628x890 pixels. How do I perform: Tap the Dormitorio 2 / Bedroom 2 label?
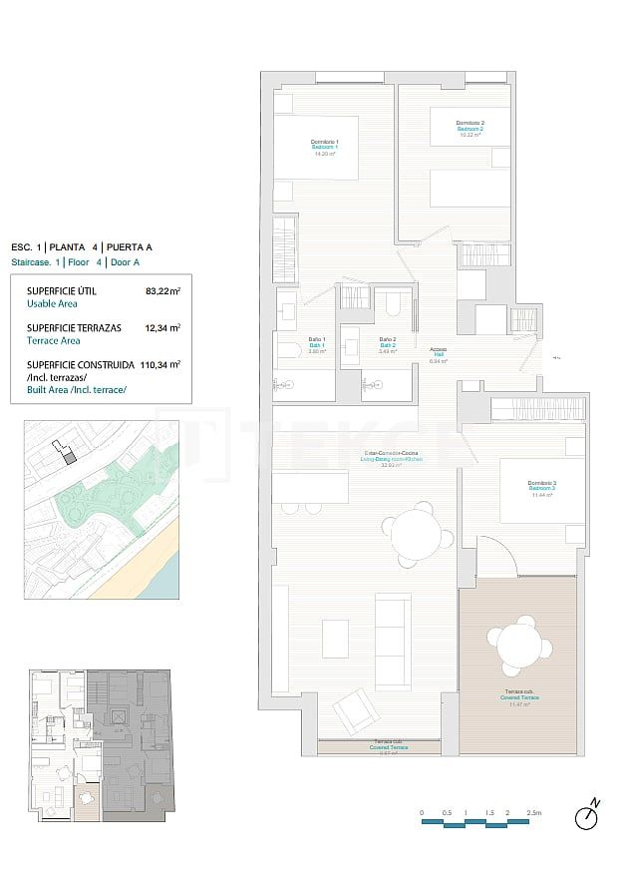point(471,128)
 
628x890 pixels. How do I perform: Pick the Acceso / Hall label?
point(438,354)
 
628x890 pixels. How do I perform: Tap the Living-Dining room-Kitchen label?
point(392,459)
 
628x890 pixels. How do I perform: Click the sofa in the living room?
point(392,640)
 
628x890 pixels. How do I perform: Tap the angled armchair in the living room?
point(352,711)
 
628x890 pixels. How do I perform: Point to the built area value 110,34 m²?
point(160,364)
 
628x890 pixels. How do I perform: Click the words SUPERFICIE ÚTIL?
point(63,291)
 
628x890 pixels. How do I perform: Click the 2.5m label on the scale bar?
point(534,813)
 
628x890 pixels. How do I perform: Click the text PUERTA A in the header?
point(130,246)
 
